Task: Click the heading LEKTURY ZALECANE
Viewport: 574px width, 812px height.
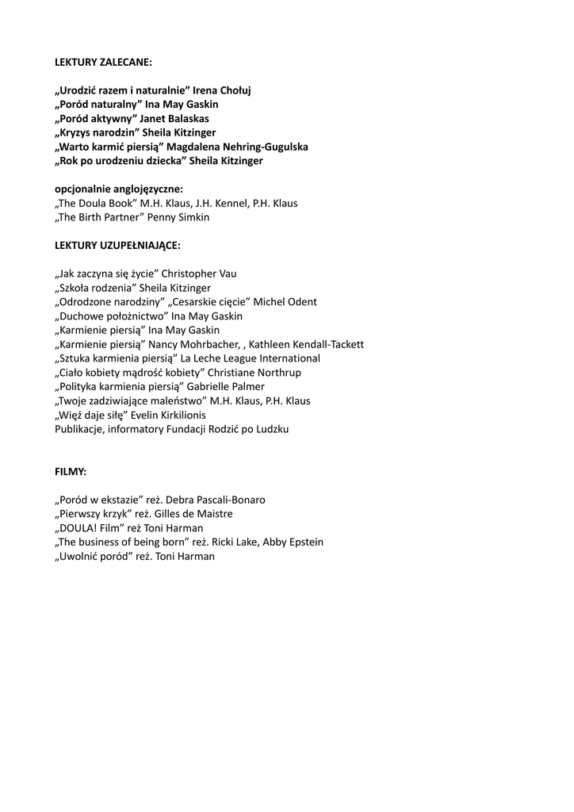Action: [103, 62]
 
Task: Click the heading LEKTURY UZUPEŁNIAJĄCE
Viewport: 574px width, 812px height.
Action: [117, 245]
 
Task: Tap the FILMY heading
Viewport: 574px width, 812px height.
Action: [71, 472]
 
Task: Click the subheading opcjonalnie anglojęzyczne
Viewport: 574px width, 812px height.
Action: [118, 189]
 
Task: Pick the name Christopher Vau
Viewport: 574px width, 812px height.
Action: [199, 274]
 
